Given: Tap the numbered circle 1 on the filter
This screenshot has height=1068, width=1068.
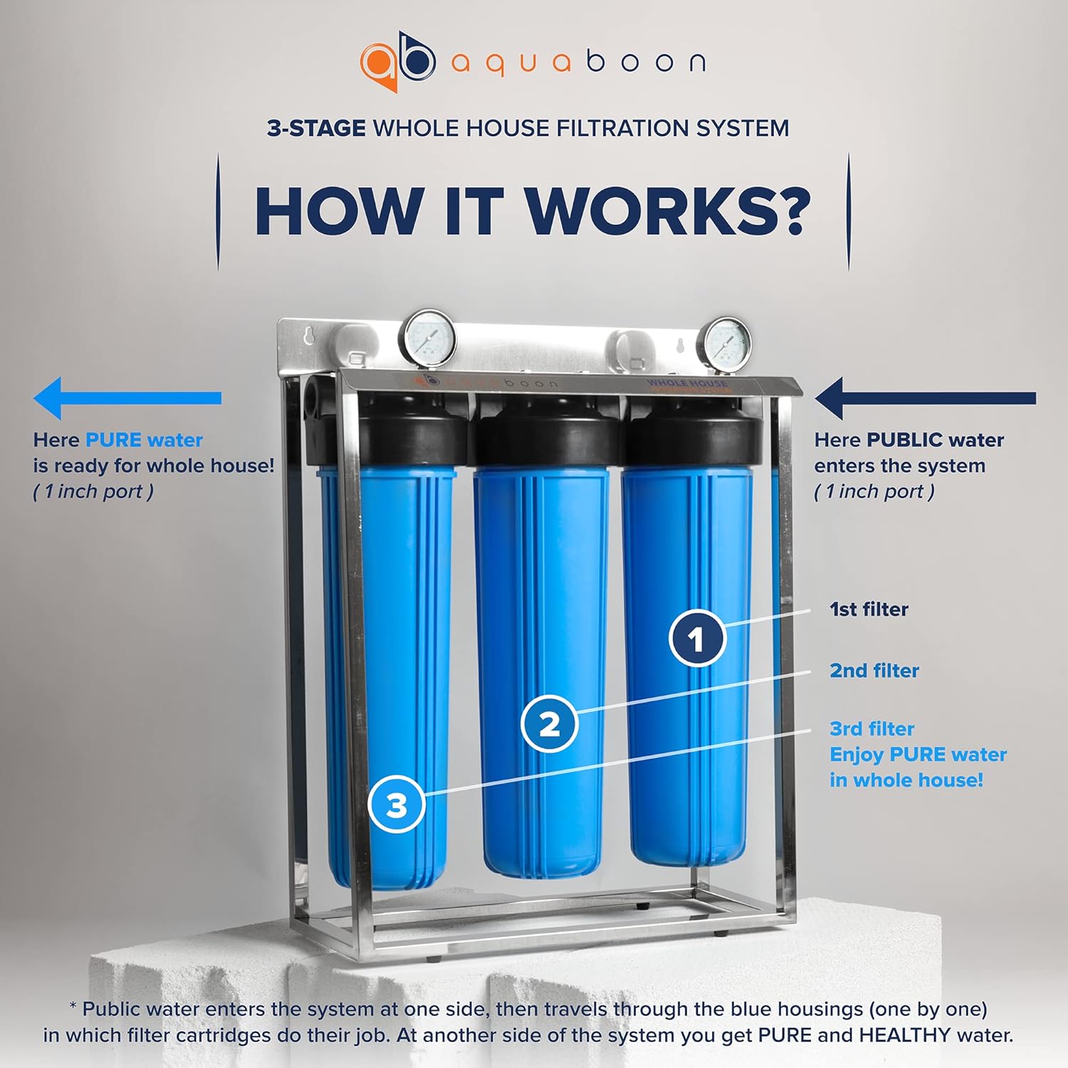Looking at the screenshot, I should point(697,638).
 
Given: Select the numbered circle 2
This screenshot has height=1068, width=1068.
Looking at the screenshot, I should point(549,724).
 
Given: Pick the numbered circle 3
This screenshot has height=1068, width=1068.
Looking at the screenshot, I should point(397,805).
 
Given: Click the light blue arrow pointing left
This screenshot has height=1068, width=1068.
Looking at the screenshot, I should point(127,398).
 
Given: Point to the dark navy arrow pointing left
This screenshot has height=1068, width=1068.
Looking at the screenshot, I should point(925,398).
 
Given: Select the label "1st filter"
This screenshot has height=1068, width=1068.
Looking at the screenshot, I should point(869,609).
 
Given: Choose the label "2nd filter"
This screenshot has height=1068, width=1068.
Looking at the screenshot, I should point(874,671).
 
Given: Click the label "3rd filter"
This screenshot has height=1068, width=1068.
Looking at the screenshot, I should point(871,729).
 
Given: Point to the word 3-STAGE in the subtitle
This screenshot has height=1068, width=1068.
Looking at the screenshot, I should point(316,128).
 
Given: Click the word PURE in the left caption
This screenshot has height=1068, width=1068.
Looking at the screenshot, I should point(113,440).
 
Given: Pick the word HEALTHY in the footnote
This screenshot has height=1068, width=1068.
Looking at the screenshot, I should point(905,1035).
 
